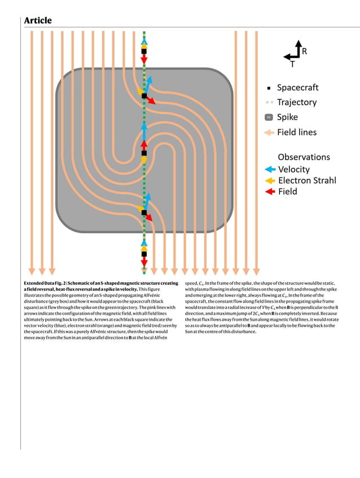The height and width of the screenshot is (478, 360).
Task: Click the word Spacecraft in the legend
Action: click(x=297, y=87)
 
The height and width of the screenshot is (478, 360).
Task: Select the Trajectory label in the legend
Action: click(x=296, y=103)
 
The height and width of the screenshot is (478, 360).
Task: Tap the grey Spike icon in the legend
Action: click(x=269, y=118)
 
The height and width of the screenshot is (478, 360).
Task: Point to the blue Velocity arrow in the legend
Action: click(x=270, y=169)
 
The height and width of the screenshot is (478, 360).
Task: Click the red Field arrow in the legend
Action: click(x=270, y=192)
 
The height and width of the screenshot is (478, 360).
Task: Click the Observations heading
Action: click(x=304, y=157)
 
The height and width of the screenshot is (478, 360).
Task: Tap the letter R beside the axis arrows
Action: click(x=304, y=51)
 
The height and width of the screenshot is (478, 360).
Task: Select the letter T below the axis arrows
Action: click(x=292, y=64)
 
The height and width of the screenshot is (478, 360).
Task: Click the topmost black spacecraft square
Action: click(x=144, y=51)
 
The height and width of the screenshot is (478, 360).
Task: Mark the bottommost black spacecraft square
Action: click(x=144, y=254)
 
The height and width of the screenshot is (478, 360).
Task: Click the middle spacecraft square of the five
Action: click(x=144, y=153)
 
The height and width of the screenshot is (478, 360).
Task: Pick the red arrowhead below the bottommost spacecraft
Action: click(x=144, y=263)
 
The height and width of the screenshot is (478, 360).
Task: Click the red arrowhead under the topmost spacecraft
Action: click(x=144, y=60)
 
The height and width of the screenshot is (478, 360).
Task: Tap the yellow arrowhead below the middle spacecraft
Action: click(x=144, y=161)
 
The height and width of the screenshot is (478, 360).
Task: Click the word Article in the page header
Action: click(x=38, y=21)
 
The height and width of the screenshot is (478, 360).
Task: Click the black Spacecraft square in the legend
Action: click(x=269, y=88)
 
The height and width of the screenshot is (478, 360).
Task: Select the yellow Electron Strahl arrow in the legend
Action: click(x=270, y=180)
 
